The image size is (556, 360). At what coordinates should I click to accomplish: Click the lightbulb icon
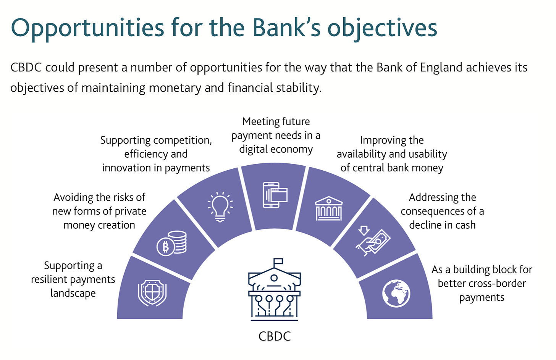pos(220,207)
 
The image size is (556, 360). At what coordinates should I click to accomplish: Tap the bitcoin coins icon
pos(172,243)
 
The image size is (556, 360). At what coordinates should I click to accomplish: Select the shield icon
pos(152,293)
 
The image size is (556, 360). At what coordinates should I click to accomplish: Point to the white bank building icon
pos(328,208)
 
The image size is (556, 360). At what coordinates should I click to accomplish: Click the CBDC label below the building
pos(275,336)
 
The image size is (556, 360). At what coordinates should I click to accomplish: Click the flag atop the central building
pos(278,262)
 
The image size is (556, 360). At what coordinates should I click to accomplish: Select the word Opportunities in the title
pos(87,28)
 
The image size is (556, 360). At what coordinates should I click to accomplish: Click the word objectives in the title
pos(382,28)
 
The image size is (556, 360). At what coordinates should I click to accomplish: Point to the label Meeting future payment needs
pos(276,135)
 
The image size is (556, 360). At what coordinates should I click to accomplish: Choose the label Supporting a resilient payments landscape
pos(73,279)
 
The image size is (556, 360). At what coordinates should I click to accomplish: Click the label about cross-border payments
pos(482,283)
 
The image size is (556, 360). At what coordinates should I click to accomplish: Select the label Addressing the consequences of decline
pos(442,211)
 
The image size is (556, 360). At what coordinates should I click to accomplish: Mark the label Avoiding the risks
pos(99,211)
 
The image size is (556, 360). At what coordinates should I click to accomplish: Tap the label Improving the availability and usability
pos(392,154)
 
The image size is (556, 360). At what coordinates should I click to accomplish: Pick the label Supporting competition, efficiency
pos(156,154)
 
